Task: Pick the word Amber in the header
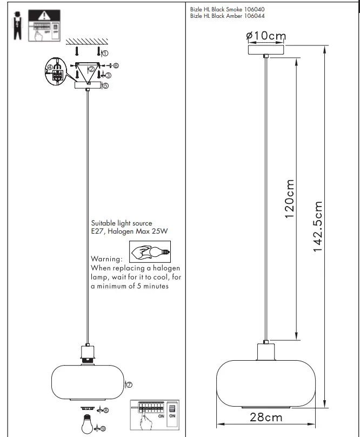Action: coord(229,15)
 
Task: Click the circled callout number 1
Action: coord(105,54)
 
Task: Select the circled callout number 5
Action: coord(105,85)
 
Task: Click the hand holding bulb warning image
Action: coord(150,251)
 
